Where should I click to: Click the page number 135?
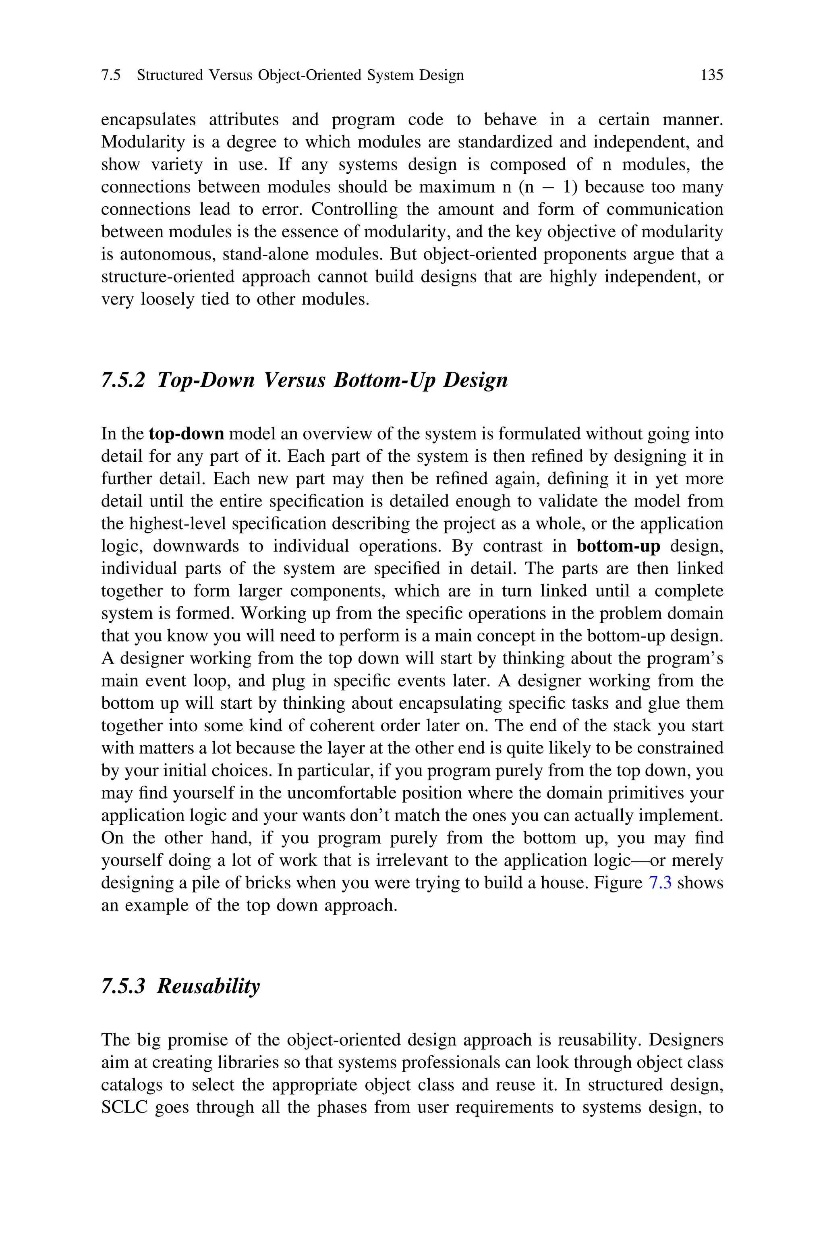711,75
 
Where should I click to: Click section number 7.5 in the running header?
110,75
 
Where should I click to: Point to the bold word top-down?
186,434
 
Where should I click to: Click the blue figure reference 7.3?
660,882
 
